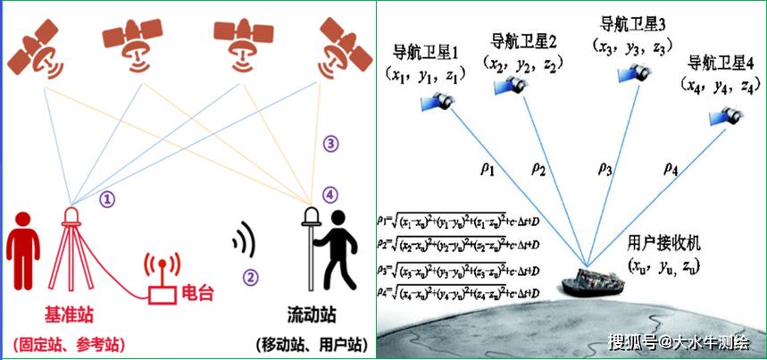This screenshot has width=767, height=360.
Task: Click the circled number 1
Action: point(107,200)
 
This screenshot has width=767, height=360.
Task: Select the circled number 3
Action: point(331,143)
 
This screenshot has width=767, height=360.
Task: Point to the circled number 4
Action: point(331,193)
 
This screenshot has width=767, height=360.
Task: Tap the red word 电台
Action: point(196,291)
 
